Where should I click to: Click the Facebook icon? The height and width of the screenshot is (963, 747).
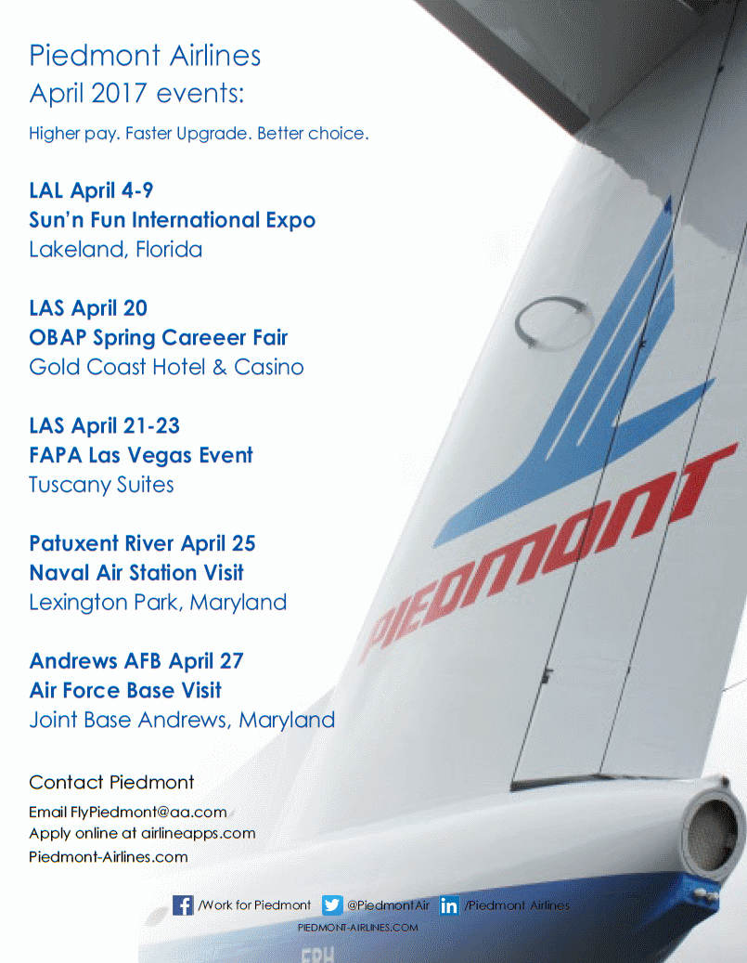click(x=184, y=904)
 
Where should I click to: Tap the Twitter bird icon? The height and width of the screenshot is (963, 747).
click(x=332, y=904)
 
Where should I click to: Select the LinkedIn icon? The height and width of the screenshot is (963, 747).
click(x=449, y=905)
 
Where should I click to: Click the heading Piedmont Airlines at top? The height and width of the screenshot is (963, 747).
click(x=145, y=56)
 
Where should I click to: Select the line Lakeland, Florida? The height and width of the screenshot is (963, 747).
click(x=116, y=250)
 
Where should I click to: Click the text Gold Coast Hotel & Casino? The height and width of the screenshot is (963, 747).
click(x=166, y=367)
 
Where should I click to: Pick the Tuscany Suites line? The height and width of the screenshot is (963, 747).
click(x=101, y=485)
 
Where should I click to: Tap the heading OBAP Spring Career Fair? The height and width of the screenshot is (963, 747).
click(x=159, y=338)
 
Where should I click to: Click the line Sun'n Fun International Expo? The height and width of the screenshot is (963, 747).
click(x=173, y=220)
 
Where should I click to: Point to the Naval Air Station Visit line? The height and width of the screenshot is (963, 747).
click(x=136, y=573)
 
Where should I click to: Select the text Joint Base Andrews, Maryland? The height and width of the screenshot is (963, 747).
click(x=182, y=720)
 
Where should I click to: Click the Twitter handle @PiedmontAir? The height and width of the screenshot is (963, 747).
click(x=387, y=904)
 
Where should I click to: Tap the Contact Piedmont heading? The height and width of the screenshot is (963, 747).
click(x=111, y=782)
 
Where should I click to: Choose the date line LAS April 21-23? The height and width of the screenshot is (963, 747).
click(x=104, y=426)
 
